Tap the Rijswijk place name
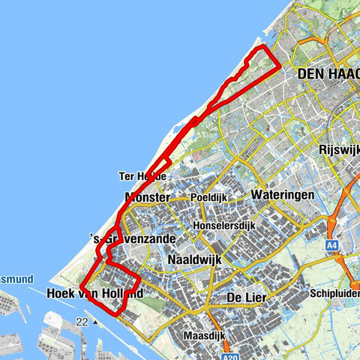point(338,148)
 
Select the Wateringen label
point(283,193)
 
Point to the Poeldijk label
point(208,197)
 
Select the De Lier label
point(247,298)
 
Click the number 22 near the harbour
point(82,322)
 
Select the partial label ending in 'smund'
point(16,278)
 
